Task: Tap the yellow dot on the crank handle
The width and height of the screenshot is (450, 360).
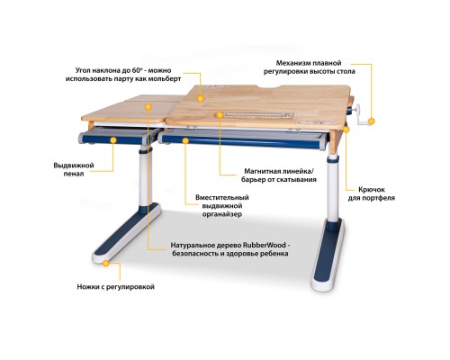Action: coord(372,121)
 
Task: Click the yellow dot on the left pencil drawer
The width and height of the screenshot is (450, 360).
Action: coord(113,140)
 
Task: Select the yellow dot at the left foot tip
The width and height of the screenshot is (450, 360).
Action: coord(105,264)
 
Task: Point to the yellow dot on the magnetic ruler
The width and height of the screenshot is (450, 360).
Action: coord(220,115)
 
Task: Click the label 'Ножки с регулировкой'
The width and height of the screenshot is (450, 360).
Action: coord(116,287)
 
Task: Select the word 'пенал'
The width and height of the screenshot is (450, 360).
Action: coord(74,174)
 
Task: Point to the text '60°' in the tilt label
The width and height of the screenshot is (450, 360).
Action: coord(137,70)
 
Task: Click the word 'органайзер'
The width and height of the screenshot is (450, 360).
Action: coord(222,214)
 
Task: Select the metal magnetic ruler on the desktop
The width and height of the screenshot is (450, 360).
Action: coord(254,115)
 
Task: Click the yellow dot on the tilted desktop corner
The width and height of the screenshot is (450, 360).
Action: coord(201,98)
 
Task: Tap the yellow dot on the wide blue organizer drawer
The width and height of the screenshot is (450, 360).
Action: coord(185,140)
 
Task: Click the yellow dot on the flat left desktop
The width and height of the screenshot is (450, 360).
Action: coord(148,106)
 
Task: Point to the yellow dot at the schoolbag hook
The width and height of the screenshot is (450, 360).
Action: coord(346,130)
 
